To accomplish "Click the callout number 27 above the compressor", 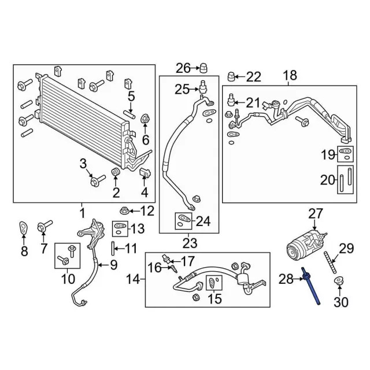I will [x=316, y=214].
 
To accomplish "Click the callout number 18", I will [x=290, y=75].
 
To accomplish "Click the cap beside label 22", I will [x=231, y=76].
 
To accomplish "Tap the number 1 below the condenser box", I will [x=82, y=212].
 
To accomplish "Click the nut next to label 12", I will [x=124, y=210].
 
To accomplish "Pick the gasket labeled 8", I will [x=24, y=228].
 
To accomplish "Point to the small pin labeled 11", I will [x=111, y=249].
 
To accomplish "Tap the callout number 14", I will [x=134, y=280].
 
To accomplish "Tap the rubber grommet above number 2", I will [x=116, y=173].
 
